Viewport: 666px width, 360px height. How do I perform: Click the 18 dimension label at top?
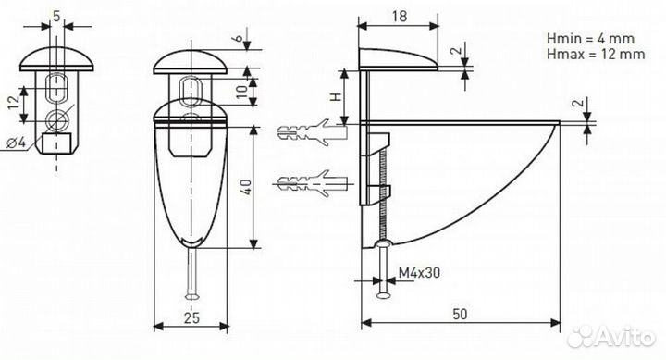coord(400,17)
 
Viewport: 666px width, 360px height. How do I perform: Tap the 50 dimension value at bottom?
coord(460,314)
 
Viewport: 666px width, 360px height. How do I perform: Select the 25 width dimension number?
coord(191,317)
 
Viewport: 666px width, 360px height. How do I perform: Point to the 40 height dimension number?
coord(246,187)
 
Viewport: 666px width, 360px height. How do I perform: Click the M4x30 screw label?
coord(419,272)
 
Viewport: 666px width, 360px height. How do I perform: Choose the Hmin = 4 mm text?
coord(590,39)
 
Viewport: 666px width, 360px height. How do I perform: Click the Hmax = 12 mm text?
coord(596,54)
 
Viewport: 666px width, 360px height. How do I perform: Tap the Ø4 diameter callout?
coord(17,143)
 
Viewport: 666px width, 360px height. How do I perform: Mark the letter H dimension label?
coord(336,97)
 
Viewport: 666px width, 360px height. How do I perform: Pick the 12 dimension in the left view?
coord(14,103)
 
